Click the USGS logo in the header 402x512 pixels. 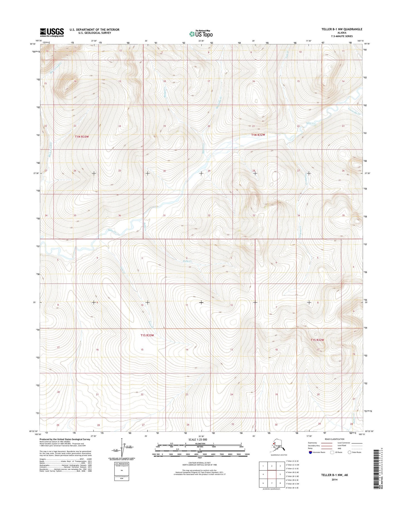(52, 32)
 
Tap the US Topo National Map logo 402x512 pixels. (201, 34)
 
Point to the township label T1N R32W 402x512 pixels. (258, 135)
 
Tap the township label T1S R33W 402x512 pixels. (147, 335)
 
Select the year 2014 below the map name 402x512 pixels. (334, 479)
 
